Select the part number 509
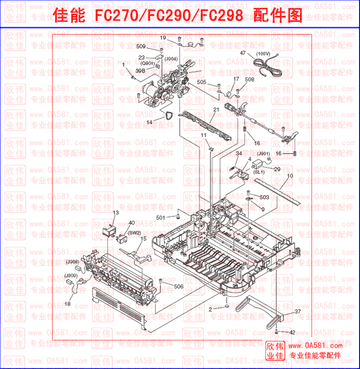point(141,47)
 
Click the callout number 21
point(216,109)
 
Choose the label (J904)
point(171,59)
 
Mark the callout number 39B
point(140,71)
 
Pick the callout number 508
point(249,79)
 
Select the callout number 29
point(277,169)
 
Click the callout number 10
point(289,176)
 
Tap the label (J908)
point(72,262)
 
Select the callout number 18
point(67,304)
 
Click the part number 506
point(178,286)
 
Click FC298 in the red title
point(220,16)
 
